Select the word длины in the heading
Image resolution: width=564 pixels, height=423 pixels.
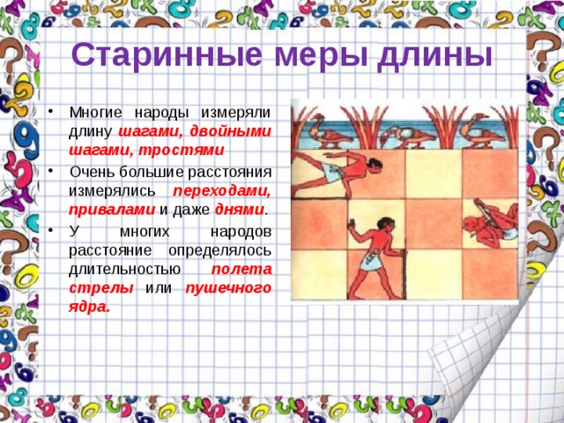[x=434, y=55]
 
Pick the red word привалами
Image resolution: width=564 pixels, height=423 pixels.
[x=100, y=210]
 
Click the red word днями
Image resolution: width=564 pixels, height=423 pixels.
[x=239, y=210]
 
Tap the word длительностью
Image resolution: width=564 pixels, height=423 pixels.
[x=124, y=269]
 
